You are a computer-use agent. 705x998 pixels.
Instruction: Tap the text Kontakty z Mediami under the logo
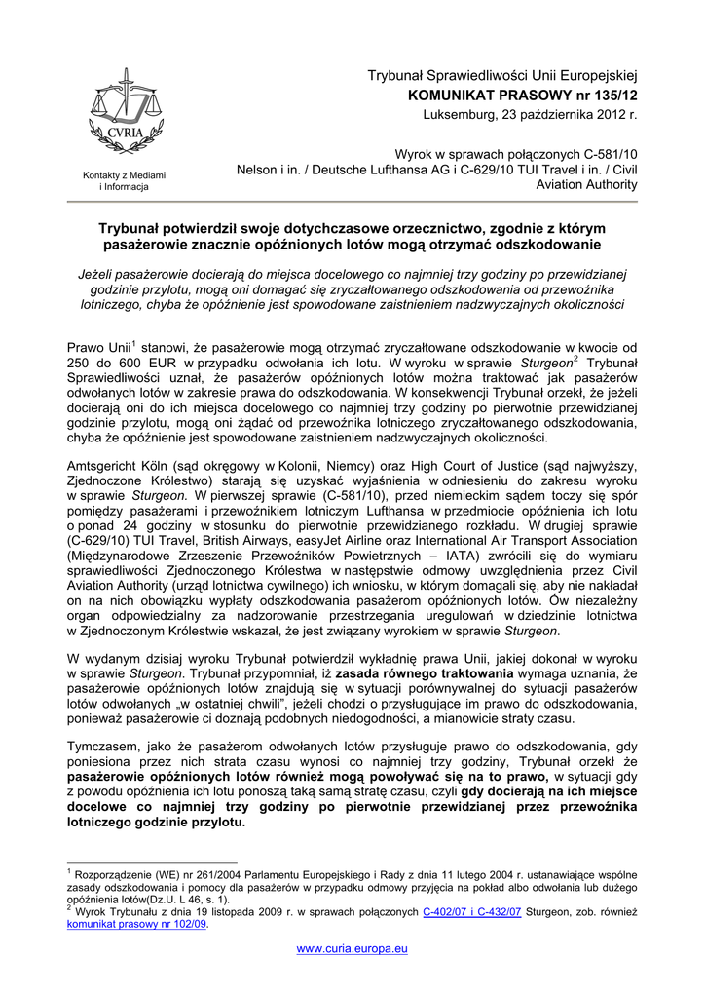click(124, 174)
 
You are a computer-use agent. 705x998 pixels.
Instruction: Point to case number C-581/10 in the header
click(611, 154)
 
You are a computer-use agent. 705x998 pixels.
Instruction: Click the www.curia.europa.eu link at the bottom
click(352, 947)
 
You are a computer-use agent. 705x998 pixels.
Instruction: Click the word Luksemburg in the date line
click(456, 114)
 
